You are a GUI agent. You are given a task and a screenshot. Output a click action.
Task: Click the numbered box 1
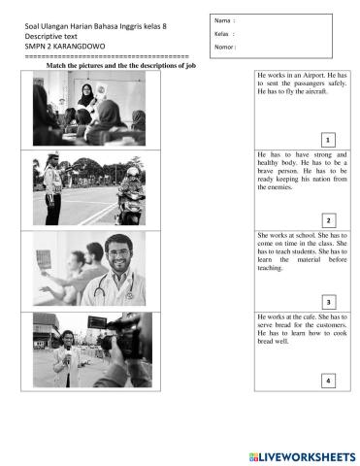328,140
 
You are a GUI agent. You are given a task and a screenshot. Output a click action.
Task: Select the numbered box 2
329,220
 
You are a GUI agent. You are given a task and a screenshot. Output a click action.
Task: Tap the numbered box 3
329,302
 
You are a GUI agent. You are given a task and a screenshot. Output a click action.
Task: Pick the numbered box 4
328,381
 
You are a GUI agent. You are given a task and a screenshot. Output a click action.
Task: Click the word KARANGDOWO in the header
79,47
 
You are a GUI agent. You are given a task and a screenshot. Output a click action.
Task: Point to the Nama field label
222,20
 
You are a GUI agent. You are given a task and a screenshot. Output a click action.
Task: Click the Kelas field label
221,34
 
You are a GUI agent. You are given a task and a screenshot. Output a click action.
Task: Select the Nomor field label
224,47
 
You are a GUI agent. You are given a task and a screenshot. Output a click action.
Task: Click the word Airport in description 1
312,75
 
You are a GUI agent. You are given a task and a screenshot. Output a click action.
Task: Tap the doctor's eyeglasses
118,253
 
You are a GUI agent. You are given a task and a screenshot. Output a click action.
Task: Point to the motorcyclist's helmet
133,172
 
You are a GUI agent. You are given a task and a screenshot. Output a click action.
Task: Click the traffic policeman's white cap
52,154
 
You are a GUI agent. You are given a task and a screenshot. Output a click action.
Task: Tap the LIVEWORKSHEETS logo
302,457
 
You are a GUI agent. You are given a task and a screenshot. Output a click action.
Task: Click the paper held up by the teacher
101,90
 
